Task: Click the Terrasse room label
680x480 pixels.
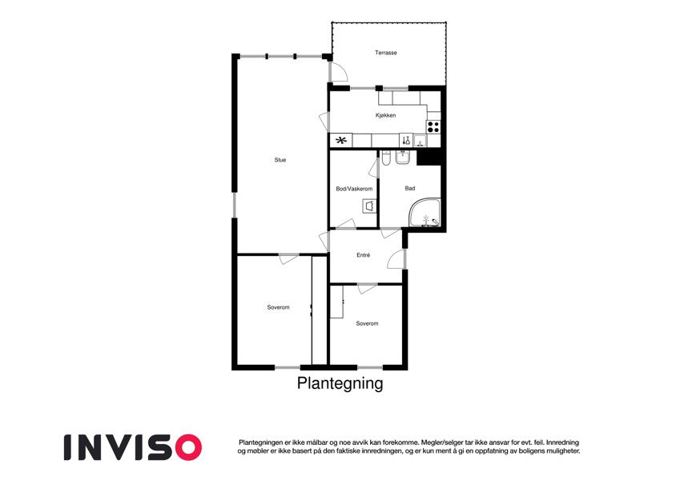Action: click(x=385, y=53)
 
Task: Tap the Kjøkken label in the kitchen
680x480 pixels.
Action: click(x=385, y=116)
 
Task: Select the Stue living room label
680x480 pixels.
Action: click(x=280, y=160)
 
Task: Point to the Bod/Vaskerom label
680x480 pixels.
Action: click(x=354, y=189)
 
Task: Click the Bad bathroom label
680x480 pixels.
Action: click(x=410, y=188)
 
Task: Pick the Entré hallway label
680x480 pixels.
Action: click(x=363, y=255)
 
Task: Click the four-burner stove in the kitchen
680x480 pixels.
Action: click(x=433, y=127)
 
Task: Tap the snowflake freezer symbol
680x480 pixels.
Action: click(x=342, y=140)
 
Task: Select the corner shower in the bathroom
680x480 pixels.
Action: click(x=425, y=213)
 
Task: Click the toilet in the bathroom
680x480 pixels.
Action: click(x=387, y=158)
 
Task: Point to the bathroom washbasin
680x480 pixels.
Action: click(x=403, y=158)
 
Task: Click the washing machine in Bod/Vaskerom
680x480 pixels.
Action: click(x=370, y=206)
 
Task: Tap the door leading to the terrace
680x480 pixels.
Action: click(x=338, y=72)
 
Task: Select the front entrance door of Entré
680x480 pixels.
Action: click(x=396, y=259)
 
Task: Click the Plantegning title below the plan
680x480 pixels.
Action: click(x=340, y=383)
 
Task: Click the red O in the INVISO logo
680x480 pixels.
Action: click(x=187, y=447)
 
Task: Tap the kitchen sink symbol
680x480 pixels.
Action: click(x=420, y=141)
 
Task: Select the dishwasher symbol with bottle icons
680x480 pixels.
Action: click(x=406, y=140)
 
